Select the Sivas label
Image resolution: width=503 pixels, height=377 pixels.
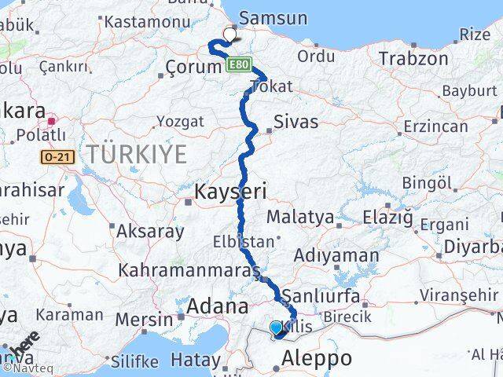(296, 122)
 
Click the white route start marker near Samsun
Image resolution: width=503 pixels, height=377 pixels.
(230, 34)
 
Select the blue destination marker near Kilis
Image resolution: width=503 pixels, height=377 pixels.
(276, 328)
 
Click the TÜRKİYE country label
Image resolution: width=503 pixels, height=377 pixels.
(138, 155)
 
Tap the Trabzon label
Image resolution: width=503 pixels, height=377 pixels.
(409, 59)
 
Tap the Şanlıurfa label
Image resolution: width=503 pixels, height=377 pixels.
(321, 297)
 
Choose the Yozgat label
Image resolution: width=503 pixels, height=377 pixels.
(180, 122)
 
